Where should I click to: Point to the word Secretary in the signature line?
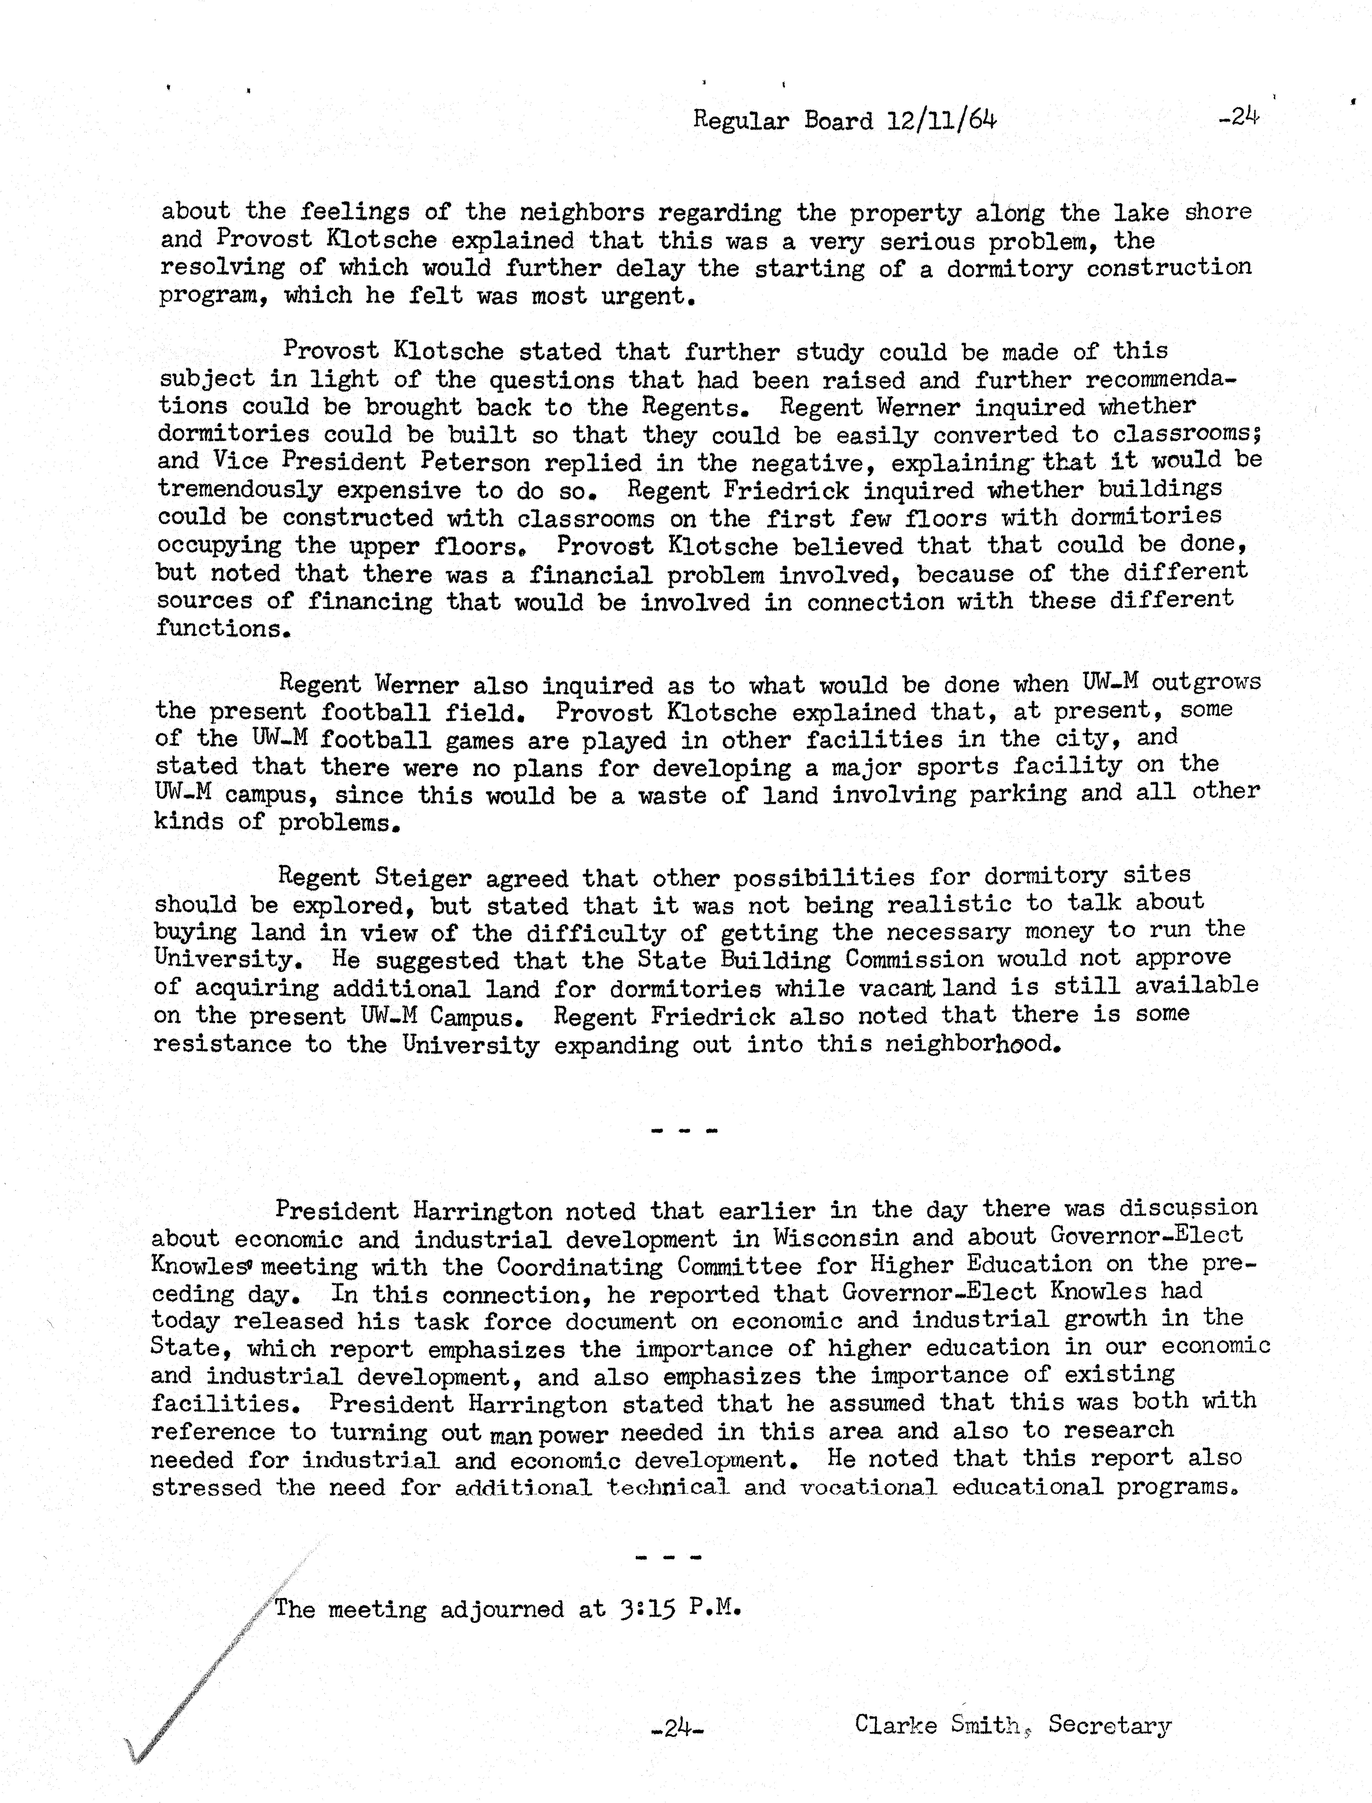coord(1109,1725)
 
